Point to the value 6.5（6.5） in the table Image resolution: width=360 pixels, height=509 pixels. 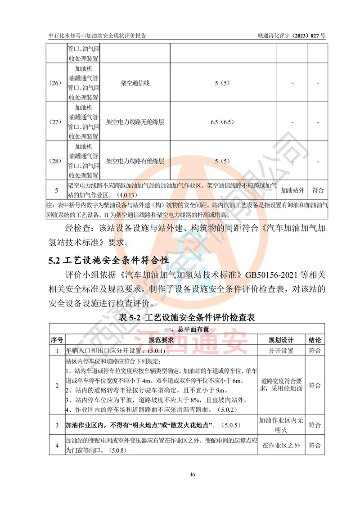tap(223, 122)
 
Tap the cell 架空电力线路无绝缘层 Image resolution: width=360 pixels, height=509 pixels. tap(135, 122)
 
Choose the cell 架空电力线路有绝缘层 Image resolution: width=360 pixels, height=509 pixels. tap(135, 161)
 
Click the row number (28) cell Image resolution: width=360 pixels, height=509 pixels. tap(57, 161)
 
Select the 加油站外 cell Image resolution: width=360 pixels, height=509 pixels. tap(292, 190)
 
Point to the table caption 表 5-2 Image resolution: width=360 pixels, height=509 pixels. tap(187, 318)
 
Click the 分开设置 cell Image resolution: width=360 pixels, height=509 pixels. tap(281, 351)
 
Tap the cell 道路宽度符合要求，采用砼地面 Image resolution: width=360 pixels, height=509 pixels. tap(281, 384)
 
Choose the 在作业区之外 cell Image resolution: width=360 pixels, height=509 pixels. tap(281, 446)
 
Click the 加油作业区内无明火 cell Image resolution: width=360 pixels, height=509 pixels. tap(281, 425)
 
